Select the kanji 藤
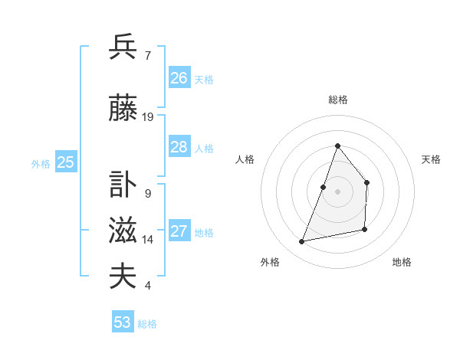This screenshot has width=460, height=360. coord(123,109)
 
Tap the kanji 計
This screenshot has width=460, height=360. coord(123,184)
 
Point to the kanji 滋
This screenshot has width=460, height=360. coord(123,231)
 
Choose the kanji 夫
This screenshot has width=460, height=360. coord(123,277)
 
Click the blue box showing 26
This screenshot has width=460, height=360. coord(179,78)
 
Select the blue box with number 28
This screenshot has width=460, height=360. coord(179,147)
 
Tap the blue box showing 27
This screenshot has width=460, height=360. coord(179,232)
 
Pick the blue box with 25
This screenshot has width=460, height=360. coord(65,162)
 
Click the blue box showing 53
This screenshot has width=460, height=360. coord(123,322)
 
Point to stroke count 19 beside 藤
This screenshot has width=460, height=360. coord(148,117)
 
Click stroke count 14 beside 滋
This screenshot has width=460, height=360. coord(148,240)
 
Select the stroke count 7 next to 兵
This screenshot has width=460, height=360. coord(148,55)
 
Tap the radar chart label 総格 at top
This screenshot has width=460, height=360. coord(337,100)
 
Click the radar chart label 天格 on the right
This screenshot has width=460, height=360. coord(431,159)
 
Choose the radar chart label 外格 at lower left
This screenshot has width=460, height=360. coord(270,263)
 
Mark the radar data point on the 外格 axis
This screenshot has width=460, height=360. coord(302,241)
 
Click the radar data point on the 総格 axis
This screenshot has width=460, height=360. coord(337,146)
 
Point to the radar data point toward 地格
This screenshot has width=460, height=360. coord(365,229)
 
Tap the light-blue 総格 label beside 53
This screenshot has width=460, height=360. coord(147,324)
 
